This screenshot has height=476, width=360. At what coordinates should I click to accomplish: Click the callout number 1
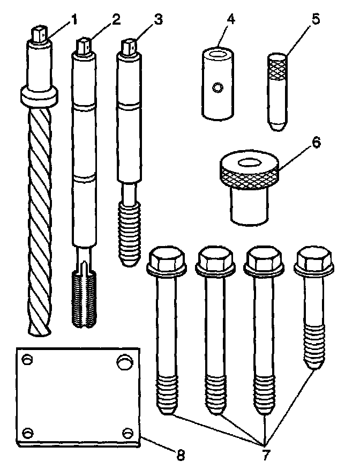coord(74,20)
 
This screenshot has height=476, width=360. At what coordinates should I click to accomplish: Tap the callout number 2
coord(115,20)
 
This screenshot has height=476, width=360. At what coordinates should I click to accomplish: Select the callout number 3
coord(157,20)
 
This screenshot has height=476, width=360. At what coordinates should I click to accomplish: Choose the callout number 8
coord(181,455)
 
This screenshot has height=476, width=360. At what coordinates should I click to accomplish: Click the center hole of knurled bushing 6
coord(249,162)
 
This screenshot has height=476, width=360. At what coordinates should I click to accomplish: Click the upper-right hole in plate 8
coord(125,360)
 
